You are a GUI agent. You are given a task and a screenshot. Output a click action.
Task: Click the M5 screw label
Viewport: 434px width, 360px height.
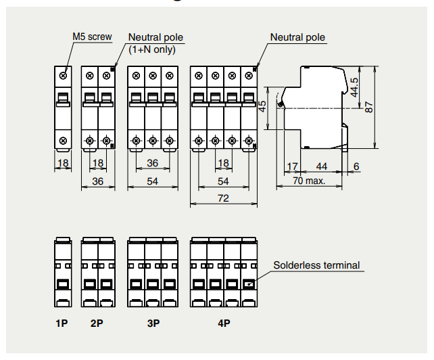pyautogui.click(x=92, y=37)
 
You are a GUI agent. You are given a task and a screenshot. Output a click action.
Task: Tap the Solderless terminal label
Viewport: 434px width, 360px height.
pyautogui.click(x=316, y=265)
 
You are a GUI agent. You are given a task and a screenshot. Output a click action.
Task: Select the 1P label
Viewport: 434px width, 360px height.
pyautogui.click(x=62, y=323)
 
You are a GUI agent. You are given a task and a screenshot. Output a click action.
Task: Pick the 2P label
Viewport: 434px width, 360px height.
pyautogui.click(x=97, y=323)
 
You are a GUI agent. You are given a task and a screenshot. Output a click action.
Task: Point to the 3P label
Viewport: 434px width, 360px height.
pyautogui.click(x=153, y=323)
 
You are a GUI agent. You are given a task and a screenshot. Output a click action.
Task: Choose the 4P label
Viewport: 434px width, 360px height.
pyautogui.click(x=224, y=323)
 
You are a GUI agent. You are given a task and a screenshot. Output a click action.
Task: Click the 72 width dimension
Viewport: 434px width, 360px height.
pyautogui.click(x=223, y=198)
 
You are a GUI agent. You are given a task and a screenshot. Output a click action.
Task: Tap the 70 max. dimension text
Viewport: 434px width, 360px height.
pyautogui.click(x=309, y=181)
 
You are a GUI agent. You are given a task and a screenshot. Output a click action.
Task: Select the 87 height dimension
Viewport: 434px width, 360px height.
pyautogui.click(x=369, y=107)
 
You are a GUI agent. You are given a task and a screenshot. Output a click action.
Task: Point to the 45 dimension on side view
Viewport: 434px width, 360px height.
pyautogui.click(x=263, y=107)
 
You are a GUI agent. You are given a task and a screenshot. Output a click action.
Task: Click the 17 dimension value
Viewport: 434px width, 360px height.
pyautogui.click(x=292, y=166)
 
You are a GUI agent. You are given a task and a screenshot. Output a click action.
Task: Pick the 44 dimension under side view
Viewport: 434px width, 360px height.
pyautogui.click(x=322, y=166)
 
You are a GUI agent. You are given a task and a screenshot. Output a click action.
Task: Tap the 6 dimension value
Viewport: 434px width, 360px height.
pyautogui.click(x=356, y=166)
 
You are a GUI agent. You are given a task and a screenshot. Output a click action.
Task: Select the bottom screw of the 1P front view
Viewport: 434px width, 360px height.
pyautogui.click(x=63, y=140)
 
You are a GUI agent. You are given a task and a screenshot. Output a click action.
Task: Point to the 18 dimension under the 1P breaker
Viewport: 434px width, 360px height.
pyautogui.click(x=63, y=163)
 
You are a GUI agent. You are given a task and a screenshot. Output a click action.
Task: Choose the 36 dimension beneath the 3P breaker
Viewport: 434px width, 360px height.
pyautogui.click(x=153, y=163)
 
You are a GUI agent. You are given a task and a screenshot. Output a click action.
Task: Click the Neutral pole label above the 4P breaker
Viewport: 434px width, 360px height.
pyautogui.click(x=297, y=37)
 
